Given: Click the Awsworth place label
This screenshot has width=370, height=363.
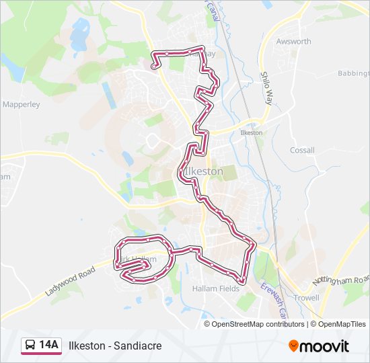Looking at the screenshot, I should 293,41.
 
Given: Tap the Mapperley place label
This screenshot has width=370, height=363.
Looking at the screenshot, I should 22,104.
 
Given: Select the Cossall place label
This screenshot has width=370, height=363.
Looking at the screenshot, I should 302,150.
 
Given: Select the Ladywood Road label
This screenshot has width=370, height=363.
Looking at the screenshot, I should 71,282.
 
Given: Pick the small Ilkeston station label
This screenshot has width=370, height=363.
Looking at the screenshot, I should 251,133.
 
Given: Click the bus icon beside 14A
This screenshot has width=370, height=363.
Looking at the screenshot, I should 30,346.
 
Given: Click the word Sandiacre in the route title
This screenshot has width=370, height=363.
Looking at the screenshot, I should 138,346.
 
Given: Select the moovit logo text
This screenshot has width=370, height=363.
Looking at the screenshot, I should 325,346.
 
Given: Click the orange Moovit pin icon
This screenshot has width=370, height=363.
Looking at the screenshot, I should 294,346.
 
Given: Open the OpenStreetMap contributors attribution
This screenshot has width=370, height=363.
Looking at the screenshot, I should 258,324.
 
